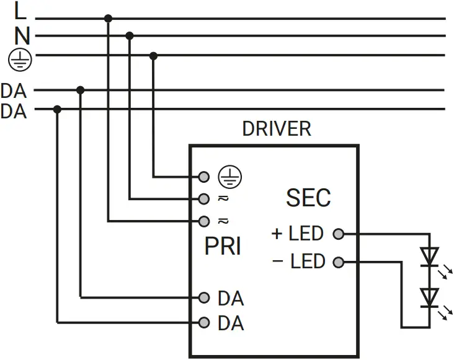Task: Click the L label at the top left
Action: [20, 12]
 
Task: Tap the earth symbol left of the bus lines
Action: [19, 59]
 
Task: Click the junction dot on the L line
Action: [109, 19]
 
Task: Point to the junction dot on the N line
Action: [130, 36]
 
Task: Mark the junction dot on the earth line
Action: [154, 56]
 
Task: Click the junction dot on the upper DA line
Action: [80, 90]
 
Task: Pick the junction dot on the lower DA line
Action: [57, 109]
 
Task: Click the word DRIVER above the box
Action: [276, 129]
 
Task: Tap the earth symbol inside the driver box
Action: [230, 177]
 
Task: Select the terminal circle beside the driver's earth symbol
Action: [203, 177]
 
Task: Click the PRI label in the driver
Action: [223, 247]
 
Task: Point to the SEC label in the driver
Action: [308, 198]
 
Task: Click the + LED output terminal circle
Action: [338, 234]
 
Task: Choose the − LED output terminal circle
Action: [338, 262]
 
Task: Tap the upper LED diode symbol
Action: [429, 257]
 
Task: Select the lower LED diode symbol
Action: [429, 297]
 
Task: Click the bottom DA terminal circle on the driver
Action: [203, 323]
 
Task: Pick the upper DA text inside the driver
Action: [231, 299]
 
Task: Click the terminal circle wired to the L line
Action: [203, 221]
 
